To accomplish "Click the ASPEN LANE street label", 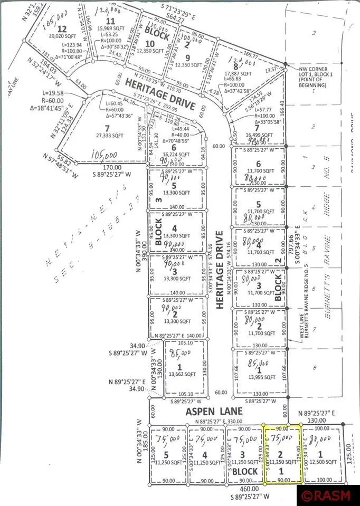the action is [x=214, y=411].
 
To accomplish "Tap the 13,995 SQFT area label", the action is [x=259, y=377].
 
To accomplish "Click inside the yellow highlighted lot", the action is [x=282, y=454].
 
